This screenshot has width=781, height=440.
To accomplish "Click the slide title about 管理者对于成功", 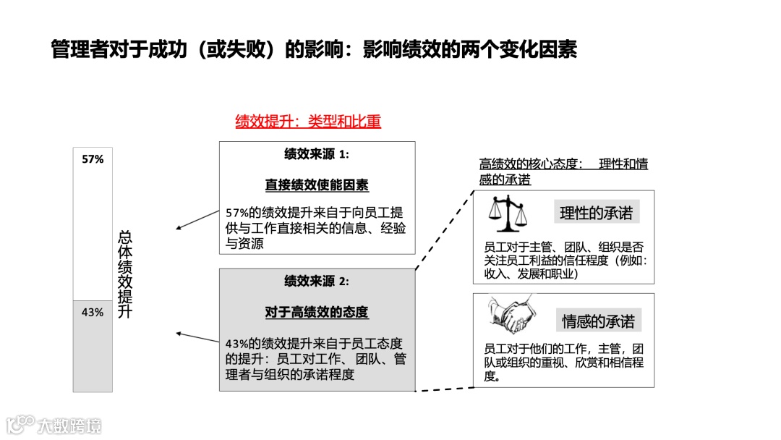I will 314,50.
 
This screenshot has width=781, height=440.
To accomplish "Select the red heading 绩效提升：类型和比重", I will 308,122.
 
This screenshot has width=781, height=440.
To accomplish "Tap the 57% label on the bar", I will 93,159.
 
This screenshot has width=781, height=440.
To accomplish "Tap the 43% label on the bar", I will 93,313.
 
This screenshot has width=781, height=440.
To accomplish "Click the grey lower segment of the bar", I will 93,355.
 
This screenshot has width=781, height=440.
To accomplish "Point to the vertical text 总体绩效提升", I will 125,274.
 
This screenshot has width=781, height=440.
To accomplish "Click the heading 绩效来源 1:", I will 317,154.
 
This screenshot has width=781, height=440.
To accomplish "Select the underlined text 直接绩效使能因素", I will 317,185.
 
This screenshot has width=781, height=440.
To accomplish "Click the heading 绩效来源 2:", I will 317,282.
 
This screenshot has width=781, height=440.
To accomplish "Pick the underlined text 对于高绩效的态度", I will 317,313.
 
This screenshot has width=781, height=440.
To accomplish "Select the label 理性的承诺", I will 596,213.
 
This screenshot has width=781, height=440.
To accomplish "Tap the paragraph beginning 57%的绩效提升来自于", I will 315,228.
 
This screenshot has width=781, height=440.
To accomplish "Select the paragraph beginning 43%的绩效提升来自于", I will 315,358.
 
